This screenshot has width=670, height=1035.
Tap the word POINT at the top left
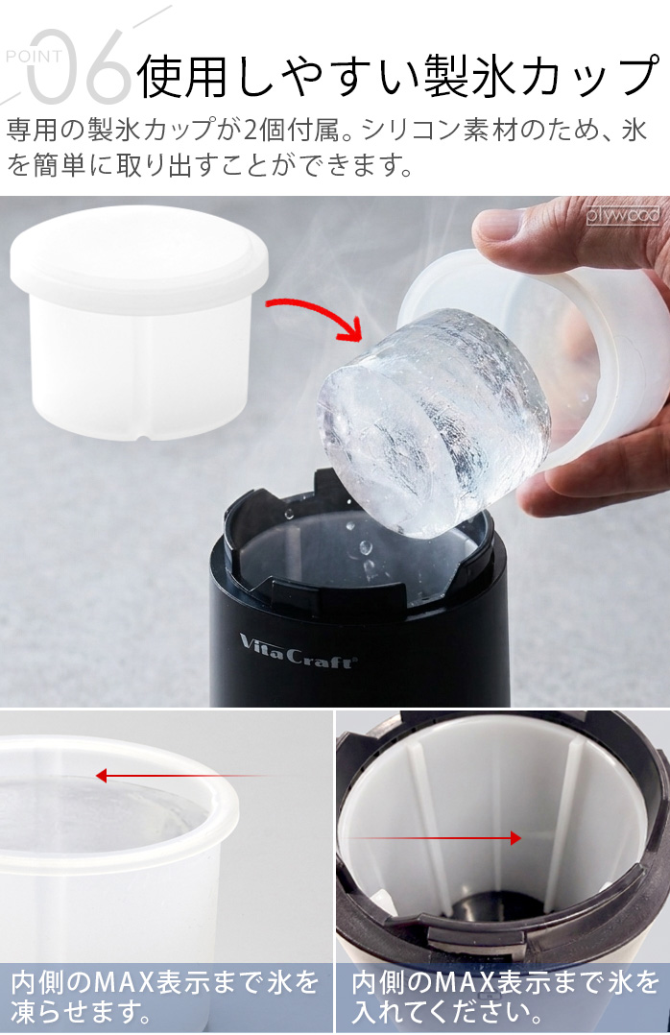(34, 57)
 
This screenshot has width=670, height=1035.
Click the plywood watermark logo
(622, 215)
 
